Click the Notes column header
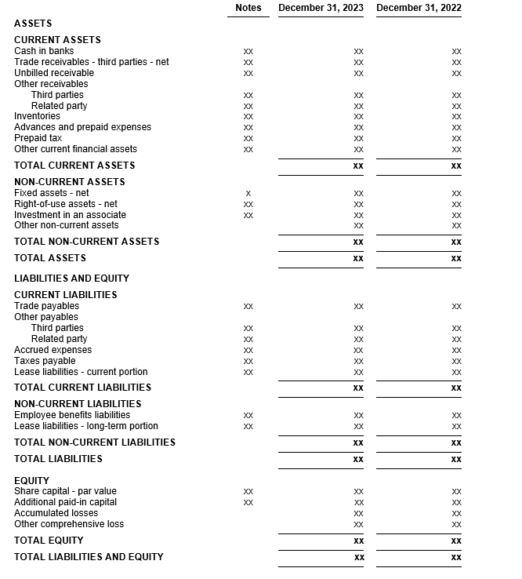248,8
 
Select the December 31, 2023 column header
321,8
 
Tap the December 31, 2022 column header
419,8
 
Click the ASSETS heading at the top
33,24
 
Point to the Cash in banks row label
44,51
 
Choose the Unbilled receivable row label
54,73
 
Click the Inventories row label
37,116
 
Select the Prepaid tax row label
38,138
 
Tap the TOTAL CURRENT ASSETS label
74,166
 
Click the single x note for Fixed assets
248,193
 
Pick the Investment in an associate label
70,215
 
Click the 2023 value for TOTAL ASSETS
358,258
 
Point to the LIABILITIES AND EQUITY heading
71,279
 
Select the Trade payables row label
46,306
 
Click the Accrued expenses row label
53,350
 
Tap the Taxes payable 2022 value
456,361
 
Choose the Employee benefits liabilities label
72,415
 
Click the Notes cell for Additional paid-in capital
248,502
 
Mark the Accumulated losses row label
56,513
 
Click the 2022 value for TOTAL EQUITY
456,541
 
